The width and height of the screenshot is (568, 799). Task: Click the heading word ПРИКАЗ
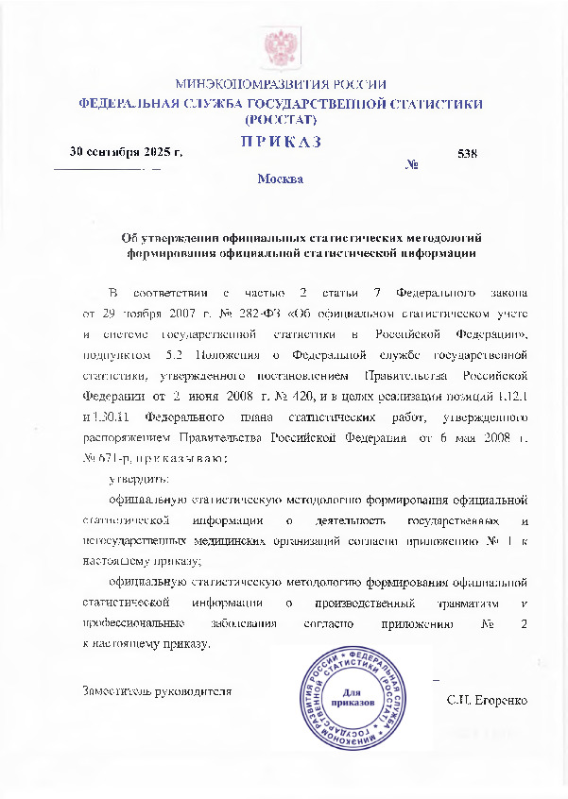coord(281,142)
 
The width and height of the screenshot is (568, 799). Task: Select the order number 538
coord(466,153)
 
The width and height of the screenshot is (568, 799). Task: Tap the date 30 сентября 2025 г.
coord(127,152)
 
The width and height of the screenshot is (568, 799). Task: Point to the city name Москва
coord(281,178)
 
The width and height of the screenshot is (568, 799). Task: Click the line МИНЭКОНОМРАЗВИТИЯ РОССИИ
coord(281,84)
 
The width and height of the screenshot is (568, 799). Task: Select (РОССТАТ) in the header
coord(281,121)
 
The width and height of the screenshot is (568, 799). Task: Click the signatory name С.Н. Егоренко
coord(486,700)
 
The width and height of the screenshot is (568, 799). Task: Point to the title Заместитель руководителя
coord(158,690)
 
